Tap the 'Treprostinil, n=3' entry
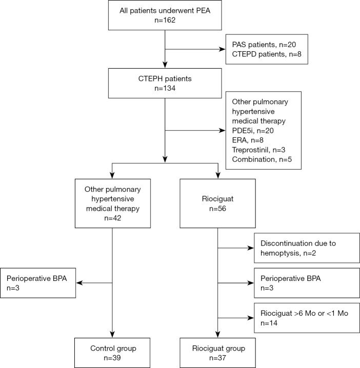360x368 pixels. [260, 150]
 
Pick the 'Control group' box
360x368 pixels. [112, 351]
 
